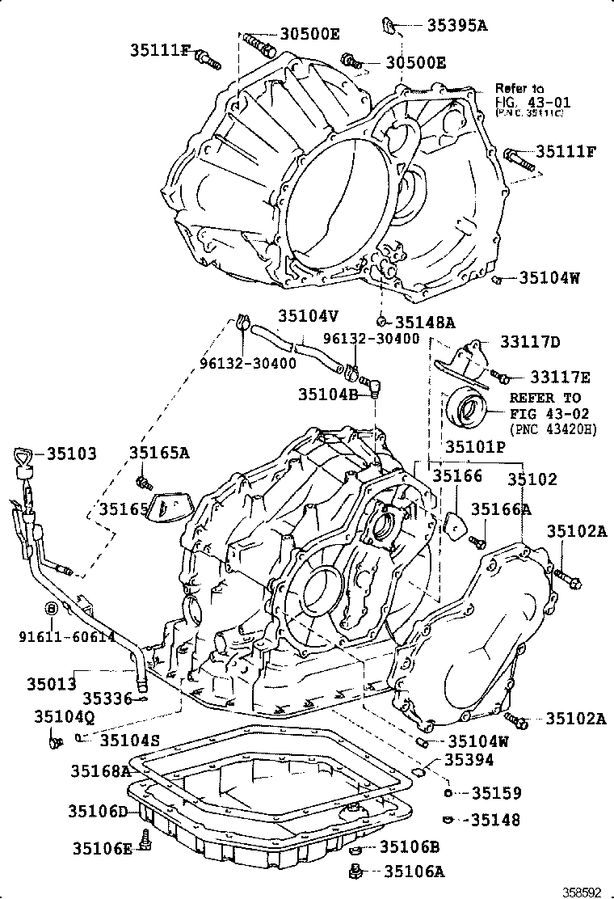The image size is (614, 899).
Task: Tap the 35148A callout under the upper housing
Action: tap(425, 322)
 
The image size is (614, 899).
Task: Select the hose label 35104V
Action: tap(309, 317)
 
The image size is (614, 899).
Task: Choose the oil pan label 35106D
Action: tap(98, 811)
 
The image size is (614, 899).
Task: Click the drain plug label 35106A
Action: tap(413, 871)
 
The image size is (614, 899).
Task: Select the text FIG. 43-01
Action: tap(533, 102)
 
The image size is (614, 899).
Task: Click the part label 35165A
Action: tap(159, 453)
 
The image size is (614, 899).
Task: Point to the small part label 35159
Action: tap(496, 793)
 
